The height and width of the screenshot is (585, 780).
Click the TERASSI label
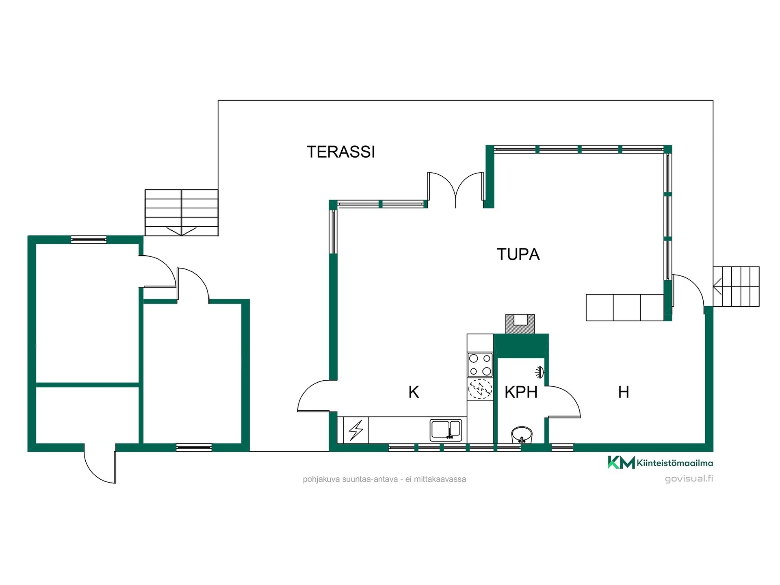(340, 152)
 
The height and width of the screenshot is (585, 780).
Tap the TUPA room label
(518, 254)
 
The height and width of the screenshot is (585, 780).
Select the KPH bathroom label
(521, 392)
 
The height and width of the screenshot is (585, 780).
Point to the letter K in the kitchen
(414, 392)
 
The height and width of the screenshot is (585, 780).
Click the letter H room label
(624, 392)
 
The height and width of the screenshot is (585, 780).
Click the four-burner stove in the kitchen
(480, 365)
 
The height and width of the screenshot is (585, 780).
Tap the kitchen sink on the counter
(446, 430)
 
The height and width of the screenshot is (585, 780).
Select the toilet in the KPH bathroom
(522, 435)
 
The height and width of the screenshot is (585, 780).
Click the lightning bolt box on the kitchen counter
(356, 430)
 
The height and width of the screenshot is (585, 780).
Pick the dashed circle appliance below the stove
(480, 389)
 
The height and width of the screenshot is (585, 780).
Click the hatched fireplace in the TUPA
(520, 324)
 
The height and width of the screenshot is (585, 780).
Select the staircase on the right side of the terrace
(736, 286)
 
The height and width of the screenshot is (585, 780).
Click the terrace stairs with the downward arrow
(182, 212)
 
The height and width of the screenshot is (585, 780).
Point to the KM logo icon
(621, 462)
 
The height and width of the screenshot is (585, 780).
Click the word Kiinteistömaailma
(675, 463)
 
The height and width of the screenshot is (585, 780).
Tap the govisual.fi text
(689, 479)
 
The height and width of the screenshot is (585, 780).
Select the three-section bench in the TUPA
(625, 308)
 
